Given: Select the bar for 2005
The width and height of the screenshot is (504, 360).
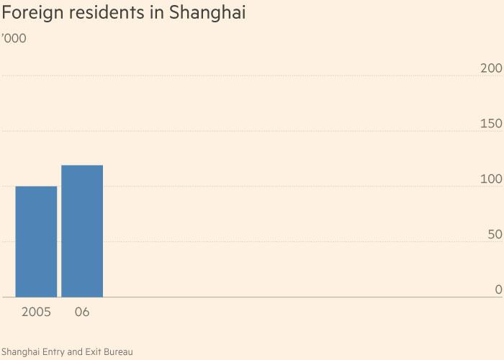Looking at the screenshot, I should click(x=36, y=242).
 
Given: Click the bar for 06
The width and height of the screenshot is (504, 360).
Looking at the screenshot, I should click(x=82, y=231).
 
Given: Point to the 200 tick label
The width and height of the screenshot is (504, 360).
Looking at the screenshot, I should click(x=491, y=68).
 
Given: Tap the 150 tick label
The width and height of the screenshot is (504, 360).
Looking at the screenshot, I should click(x=491, y=124).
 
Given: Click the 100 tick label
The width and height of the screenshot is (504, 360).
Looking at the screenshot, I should click(x=491, y=179).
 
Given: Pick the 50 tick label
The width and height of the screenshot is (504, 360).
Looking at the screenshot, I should click(x=495, y=235).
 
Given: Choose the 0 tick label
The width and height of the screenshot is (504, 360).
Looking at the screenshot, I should click(x=498, y=289).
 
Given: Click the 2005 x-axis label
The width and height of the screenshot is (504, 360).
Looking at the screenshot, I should click(x=36, y=312).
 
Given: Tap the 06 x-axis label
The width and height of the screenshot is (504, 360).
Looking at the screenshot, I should click(x=81, y=312).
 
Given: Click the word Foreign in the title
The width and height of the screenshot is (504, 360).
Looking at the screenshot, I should click(x=31, y=14).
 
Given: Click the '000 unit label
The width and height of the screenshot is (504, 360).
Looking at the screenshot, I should click(x=14, y=38).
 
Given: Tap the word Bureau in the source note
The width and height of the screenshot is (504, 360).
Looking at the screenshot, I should click(x=117, y=351).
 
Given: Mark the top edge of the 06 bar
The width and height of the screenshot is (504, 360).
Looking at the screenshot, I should click(x=82, y=166).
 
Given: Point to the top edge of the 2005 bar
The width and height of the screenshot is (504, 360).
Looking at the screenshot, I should click(x=36, y=186).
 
